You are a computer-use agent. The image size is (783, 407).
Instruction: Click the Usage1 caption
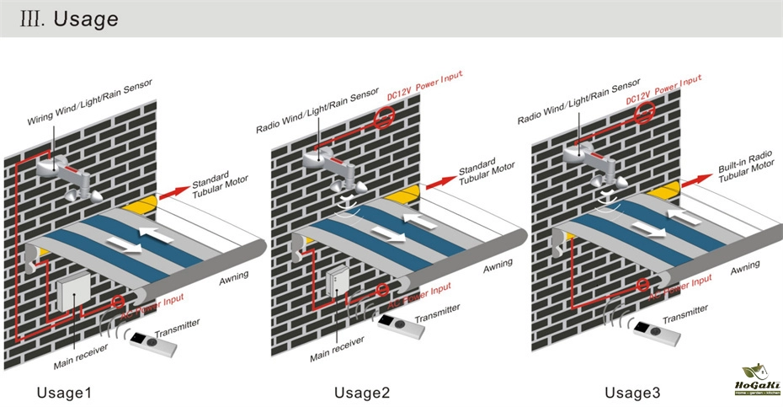pyautogui.click(x=63, y=394)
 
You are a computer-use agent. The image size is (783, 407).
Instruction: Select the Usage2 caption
pyautogui.click(x=362, y=394)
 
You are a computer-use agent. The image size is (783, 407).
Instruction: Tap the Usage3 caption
pyautogui.click(x=632, y=394)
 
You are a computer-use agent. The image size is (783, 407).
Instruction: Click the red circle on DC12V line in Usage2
pyautogui.click(x=382, y=119)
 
